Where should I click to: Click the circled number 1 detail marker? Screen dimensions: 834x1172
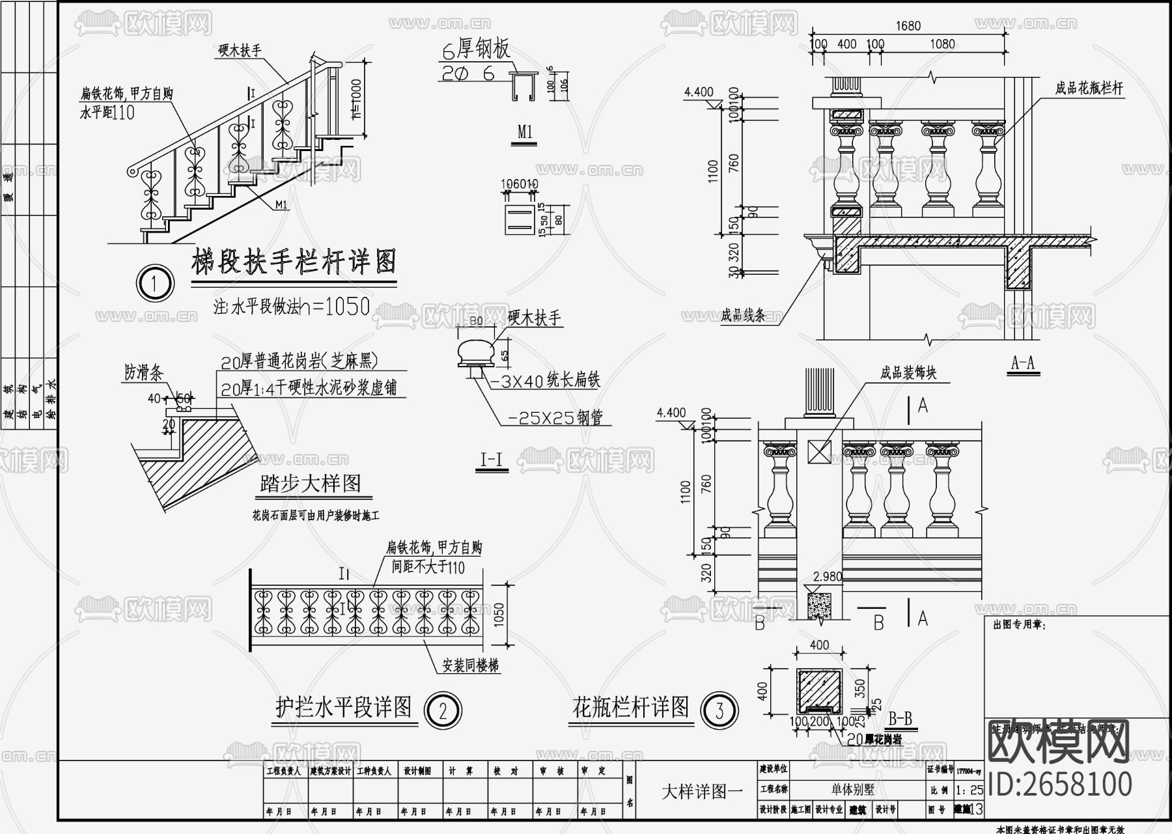click(x=154, y=283)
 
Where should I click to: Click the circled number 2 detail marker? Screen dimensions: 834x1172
click(x=443, y=710)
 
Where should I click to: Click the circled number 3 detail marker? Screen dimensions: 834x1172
click(x=719, y=710)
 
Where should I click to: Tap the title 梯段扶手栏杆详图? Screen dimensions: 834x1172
click(x=294, y=262)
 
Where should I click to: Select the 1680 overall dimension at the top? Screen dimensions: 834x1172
click(x=908, y=26)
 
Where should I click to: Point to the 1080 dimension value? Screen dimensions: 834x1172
click(x=942, y=44)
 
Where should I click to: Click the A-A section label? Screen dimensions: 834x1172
click(x=1023, y=363)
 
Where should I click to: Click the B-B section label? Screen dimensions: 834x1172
click(x=900, y=719)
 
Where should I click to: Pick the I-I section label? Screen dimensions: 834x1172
click(x=491, y=460)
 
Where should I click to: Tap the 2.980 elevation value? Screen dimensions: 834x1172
click(x=828, y=577)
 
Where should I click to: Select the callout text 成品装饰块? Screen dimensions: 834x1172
click(x=908, y=373)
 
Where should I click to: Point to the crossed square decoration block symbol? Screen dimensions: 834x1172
click(x=819, y=451)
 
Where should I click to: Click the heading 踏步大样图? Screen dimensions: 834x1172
click(x=310, y=484)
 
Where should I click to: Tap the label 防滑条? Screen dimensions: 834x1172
click(x=143, y=372)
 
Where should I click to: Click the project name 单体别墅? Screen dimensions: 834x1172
click(x=852, y=790)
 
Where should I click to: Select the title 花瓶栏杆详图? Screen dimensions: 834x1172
click(x=630, y=707)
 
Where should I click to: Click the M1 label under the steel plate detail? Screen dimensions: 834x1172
click(x=525, y=132)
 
